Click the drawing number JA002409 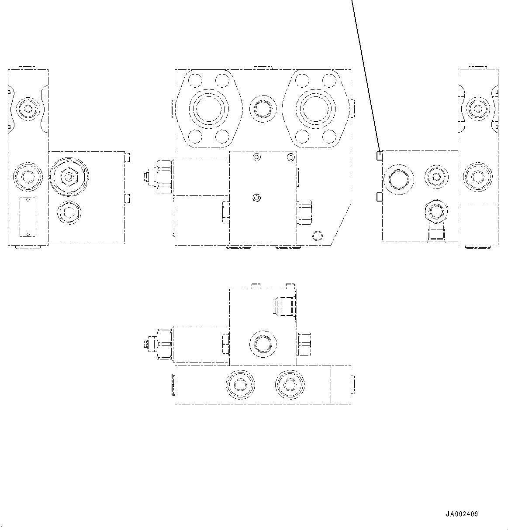click(462, 514)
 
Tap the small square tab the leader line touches click(380, 155)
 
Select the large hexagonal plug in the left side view click(69, 177)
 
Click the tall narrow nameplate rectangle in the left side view click(28, 217)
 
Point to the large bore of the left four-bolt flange click(209, 108)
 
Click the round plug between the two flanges click(262, 108)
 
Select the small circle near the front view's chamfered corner click(317, 236)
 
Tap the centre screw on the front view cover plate click(257, 198)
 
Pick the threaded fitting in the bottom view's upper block click(284, 305)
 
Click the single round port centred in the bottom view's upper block click(263, 344)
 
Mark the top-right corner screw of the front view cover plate click(290, 157)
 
